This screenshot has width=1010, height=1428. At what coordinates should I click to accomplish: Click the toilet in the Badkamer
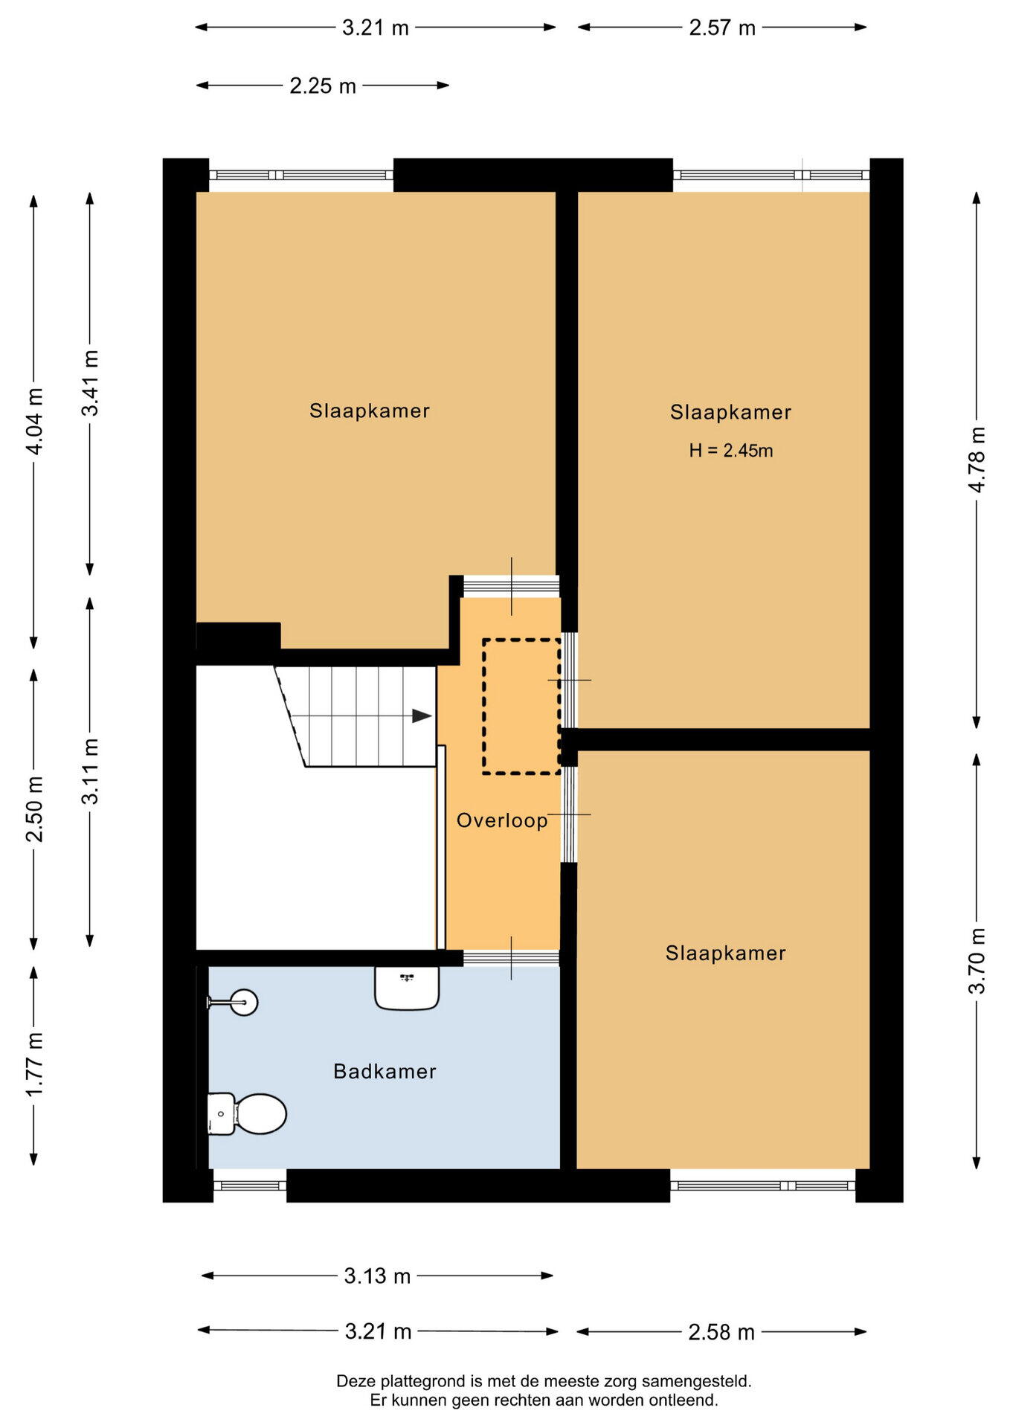tap(247, 1113)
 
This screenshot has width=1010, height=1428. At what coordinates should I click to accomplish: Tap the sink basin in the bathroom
tap(407, 988)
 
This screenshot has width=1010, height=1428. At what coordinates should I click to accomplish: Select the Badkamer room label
tap(385, 1071)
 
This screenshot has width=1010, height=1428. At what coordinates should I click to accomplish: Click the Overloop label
tap(502, 820)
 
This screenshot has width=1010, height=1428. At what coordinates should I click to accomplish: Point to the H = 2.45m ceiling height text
tap(731, 450)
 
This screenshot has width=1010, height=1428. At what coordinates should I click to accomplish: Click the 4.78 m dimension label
tap(977, 460)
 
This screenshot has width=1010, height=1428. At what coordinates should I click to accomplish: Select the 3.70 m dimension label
tap(977, 961)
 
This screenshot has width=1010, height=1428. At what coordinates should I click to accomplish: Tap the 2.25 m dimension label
tap(323, 86)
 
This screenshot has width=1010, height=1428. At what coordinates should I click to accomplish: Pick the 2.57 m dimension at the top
tap(722, 28)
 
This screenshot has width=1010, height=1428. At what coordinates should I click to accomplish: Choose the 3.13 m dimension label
tap(377, 1276)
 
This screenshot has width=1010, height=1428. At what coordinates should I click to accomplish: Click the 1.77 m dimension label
tap(34, 1064)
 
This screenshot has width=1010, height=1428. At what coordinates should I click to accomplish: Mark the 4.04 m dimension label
tap(34, 421)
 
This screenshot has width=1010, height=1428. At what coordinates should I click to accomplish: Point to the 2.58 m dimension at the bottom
tap(721, 1332)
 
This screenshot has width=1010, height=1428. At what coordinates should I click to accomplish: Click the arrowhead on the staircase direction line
tap(422, 716)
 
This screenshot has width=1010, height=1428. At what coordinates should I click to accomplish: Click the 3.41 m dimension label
tap(90, 383)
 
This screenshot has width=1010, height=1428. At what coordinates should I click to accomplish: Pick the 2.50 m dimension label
tap(34, 809)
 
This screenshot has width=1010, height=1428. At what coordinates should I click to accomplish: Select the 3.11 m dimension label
tap(90, 771)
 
